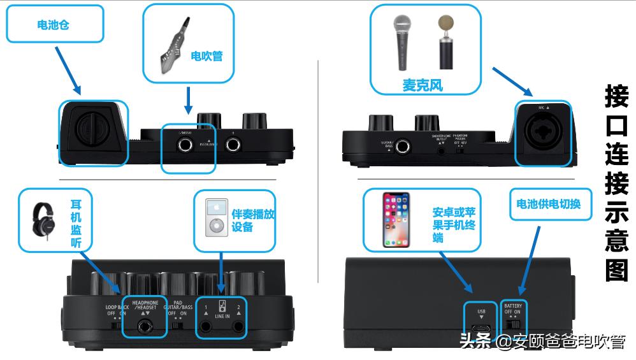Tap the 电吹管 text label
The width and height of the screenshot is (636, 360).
(x=206, y=56)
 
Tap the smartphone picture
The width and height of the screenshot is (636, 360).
(x=396, y=220)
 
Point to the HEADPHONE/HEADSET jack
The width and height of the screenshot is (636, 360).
(x=145, y=327)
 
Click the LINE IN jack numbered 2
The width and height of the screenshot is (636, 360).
(x=238, y=328)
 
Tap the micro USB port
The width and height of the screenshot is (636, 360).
(x=482, y=329)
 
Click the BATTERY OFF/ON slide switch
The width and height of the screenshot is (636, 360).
(x=513, y=324)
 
